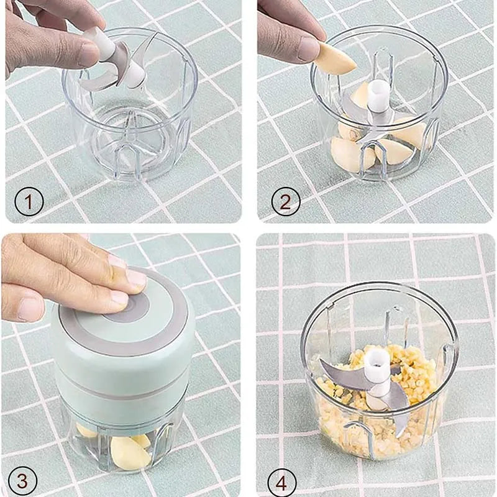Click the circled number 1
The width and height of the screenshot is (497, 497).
29,202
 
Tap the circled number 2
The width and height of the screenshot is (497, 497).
286,201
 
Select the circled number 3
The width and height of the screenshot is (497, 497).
22,481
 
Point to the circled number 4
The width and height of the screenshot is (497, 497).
282,483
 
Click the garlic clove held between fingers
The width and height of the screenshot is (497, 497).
337,60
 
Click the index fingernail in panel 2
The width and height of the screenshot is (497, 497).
309,49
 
